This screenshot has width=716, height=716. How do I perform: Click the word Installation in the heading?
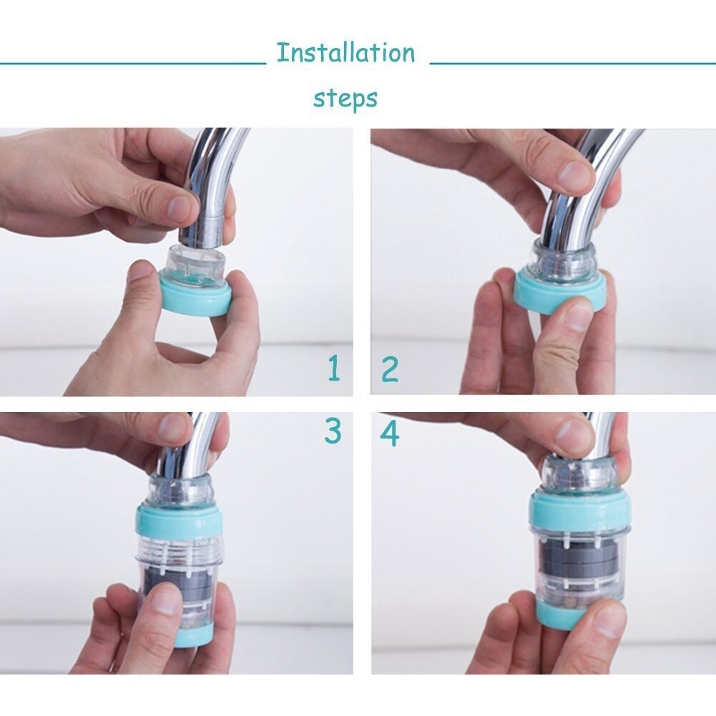click(x=345, y=52)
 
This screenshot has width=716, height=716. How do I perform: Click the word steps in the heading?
click(x=345, y=98)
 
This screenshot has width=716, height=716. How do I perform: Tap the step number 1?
click(x=335, y=368)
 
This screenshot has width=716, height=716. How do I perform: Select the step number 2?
click(x=390, y=369)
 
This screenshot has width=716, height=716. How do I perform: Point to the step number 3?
click(x=333, y=431)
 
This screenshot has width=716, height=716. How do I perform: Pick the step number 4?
click(x=390, y=433)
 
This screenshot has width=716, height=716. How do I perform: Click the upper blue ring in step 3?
click(x=179, y=519)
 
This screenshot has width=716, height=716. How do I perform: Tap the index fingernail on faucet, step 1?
click(x=181, y=205)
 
